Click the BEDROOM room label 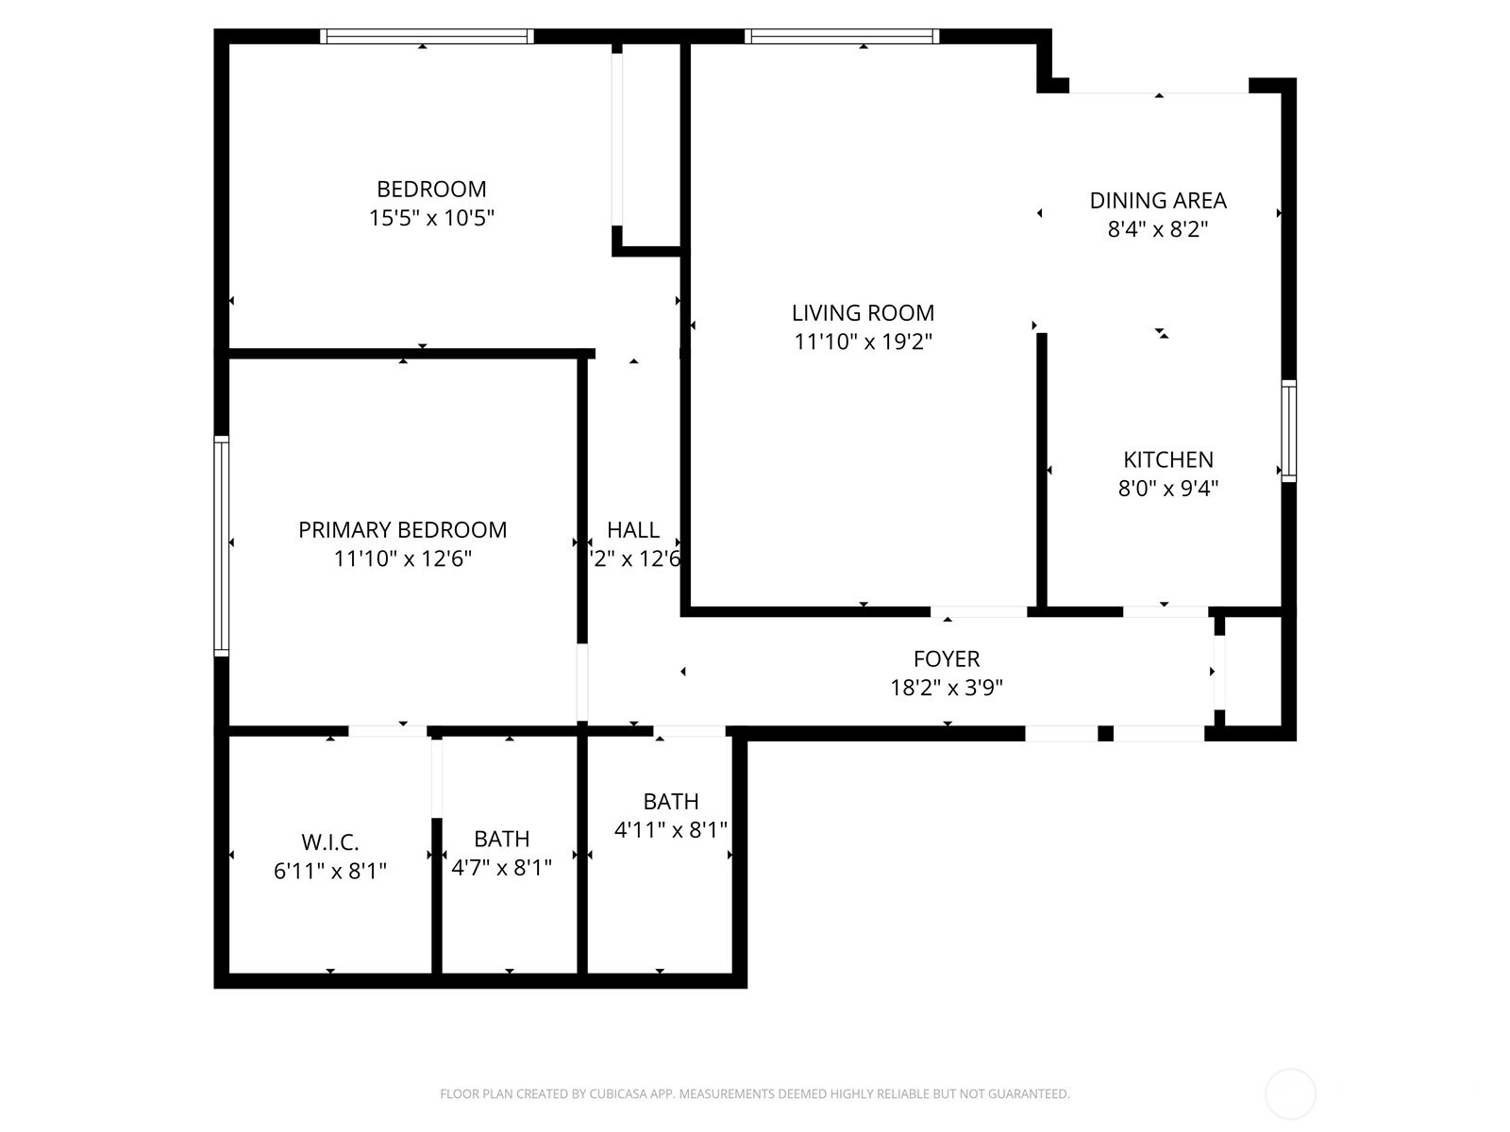click(431, 189)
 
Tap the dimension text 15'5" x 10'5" click(431, 218)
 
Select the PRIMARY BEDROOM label click(403, 530)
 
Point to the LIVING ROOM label click(863, 312)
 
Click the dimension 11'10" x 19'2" click(863, 341)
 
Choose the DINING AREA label click(1158, 200)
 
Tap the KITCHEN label click(1168, 459)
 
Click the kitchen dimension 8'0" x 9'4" click(1168, 489)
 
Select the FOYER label click(947, 658)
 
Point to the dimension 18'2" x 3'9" click(947, 688)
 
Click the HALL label click(633, 530)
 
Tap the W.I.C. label click(330, 841)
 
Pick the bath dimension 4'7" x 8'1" click(501, 868)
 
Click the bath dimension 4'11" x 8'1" click(671, 830)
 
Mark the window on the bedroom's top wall click(427, 37)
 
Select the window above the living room click(842, 37)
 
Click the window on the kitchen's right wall click(1288, 431)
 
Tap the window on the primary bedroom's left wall click(222, 546)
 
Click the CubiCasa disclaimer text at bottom click(754, 1094)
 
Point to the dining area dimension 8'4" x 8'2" click(1158, 229)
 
